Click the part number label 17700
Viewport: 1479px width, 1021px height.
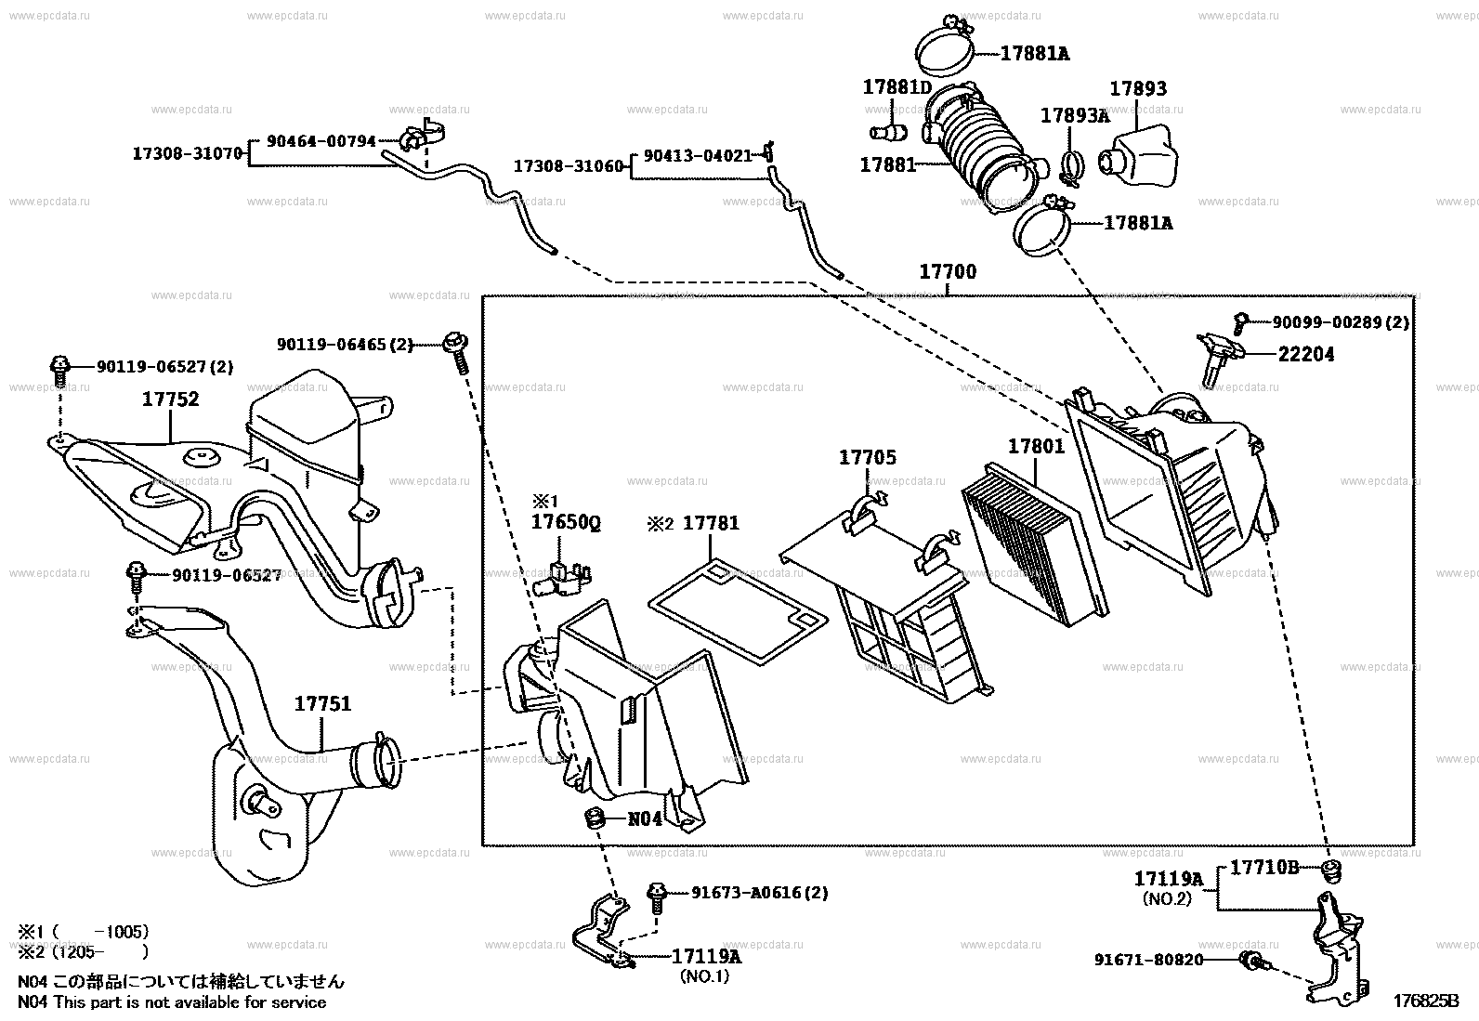[948, 272]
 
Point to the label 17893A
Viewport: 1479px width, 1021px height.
[1075, 115]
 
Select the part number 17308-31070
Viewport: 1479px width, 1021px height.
[187, 153]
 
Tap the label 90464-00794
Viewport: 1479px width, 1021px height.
[321, 141]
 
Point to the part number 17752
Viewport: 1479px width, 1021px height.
[170, 399]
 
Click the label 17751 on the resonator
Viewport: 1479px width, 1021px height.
[323, 704]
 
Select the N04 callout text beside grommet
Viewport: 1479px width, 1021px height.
[645, 819]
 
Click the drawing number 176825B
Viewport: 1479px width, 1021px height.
[1425, 1001]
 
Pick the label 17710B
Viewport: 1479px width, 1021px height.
[1264, 868]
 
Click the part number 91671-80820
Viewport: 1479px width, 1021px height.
[1148, 959]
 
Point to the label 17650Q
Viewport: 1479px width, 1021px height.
[566, 523]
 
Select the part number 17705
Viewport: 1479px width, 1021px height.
[868, 457]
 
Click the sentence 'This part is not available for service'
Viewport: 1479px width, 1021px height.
[190, 1002]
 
